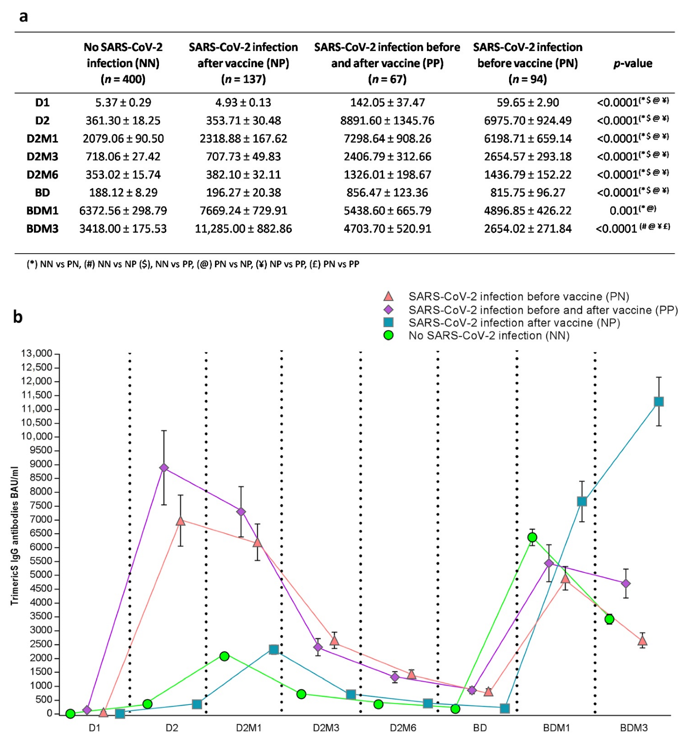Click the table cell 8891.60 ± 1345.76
tap(387, 121)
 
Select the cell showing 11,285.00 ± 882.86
tap(243, 229)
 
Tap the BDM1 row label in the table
tap(42, 211)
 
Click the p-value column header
tap(633, 63)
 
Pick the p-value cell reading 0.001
tap(632, 210)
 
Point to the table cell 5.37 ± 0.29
tap(123, 103)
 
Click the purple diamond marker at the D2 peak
tap(164, 468)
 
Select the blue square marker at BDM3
tap(659, 402)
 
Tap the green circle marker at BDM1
tap(532, 537)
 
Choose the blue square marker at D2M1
tap(274, 649)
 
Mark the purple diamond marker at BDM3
tap(626, 583)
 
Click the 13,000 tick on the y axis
tap(36, 353)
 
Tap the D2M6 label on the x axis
tap(403, 728)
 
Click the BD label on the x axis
tap(479, 728)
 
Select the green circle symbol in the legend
tap(388, 335)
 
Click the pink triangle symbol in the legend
tap(388, 296)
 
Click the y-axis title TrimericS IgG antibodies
tap(15, 536)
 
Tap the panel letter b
tap(18, 317)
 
